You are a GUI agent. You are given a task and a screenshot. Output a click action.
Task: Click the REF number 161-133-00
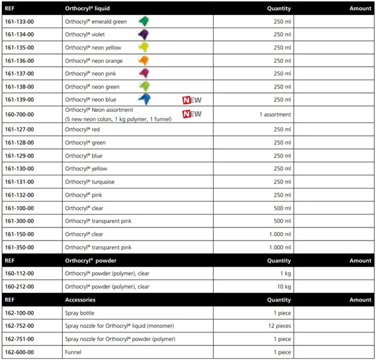(19, 21)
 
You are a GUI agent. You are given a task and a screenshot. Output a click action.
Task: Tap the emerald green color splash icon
(143, 21)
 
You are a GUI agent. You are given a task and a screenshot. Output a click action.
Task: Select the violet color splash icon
(143, 35)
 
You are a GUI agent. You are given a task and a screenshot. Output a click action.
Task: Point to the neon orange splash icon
(143, 60)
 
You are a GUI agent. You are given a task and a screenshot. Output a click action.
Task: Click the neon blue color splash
(145, 99)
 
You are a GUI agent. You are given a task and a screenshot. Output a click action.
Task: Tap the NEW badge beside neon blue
(192, 100)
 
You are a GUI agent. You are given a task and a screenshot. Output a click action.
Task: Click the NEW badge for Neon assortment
(192, 114)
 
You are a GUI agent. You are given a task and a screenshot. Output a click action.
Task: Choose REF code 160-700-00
(19, 114)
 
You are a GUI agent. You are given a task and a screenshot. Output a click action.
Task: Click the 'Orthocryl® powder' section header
(91, 260)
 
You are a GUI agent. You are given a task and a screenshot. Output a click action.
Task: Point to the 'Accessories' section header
(80, 300)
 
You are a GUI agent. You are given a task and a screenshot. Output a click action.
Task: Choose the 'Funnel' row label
(73, 352)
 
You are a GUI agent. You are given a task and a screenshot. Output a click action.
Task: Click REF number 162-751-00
(19, 339)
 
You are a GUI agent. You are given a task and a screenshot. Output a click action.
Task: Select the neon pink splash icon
(143, 74)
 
